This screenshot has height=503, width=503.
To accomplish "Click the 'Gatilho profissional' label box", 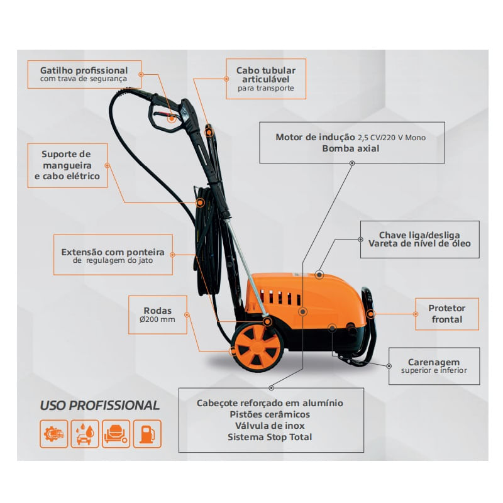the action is click(84, 74).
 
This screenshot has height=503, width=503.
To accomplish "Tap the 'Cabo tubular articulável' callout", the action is click(266, 79).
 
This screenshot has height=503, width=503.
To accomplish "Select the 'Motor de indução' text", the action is click(316, 137).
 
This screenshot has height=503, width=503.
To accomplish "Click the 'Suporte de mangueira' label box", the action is click(67, 165).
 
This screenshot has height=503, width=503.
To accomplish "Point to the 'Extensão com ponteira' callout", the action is click(113, 255).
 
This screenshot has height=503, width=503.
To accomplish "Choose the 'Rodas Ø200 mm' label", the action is click(158, 315).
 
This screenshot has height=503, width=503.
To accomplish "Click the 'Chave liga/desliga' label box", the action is click(419, 240).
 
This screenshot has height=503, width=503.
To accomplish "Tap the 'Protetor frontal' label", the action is click(447, 314).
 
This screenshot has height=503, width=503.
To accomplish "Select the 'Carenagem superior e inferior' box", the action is click(434, 366).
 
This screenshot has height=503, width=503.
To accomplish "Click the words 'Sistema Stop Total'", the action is click(270, 437).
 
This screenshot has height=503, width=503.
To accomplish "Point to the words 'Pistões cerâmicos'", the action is click(270, 414).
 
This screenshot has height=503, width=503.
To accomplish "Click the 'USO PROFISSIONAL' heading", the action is click(100, 406).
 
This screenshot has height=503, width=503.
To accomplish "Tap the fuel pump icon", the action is click(147, 434).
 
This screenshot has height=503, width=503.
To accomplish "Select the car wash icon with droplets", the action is click(85, 434).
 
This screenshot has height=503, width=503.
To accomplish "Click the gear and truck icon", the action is click(54, 434).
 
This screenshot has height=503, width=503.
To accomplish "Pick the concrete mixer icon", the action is click(116, 434).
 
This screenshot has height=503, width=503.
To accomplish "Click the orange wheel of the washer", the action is click(257, 347).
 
